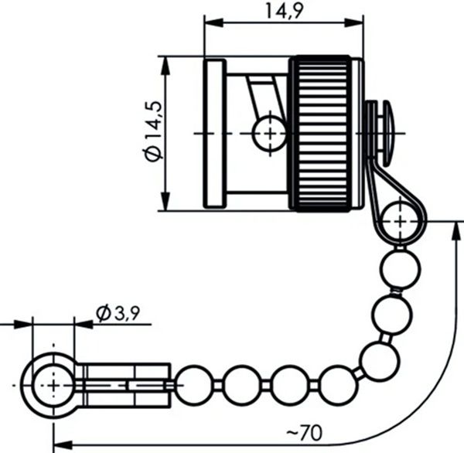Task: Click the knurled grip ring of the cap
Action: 326,133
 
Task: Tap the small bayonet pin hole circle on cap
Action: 268,133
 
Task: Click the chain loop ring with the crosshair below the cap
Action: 400,221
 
